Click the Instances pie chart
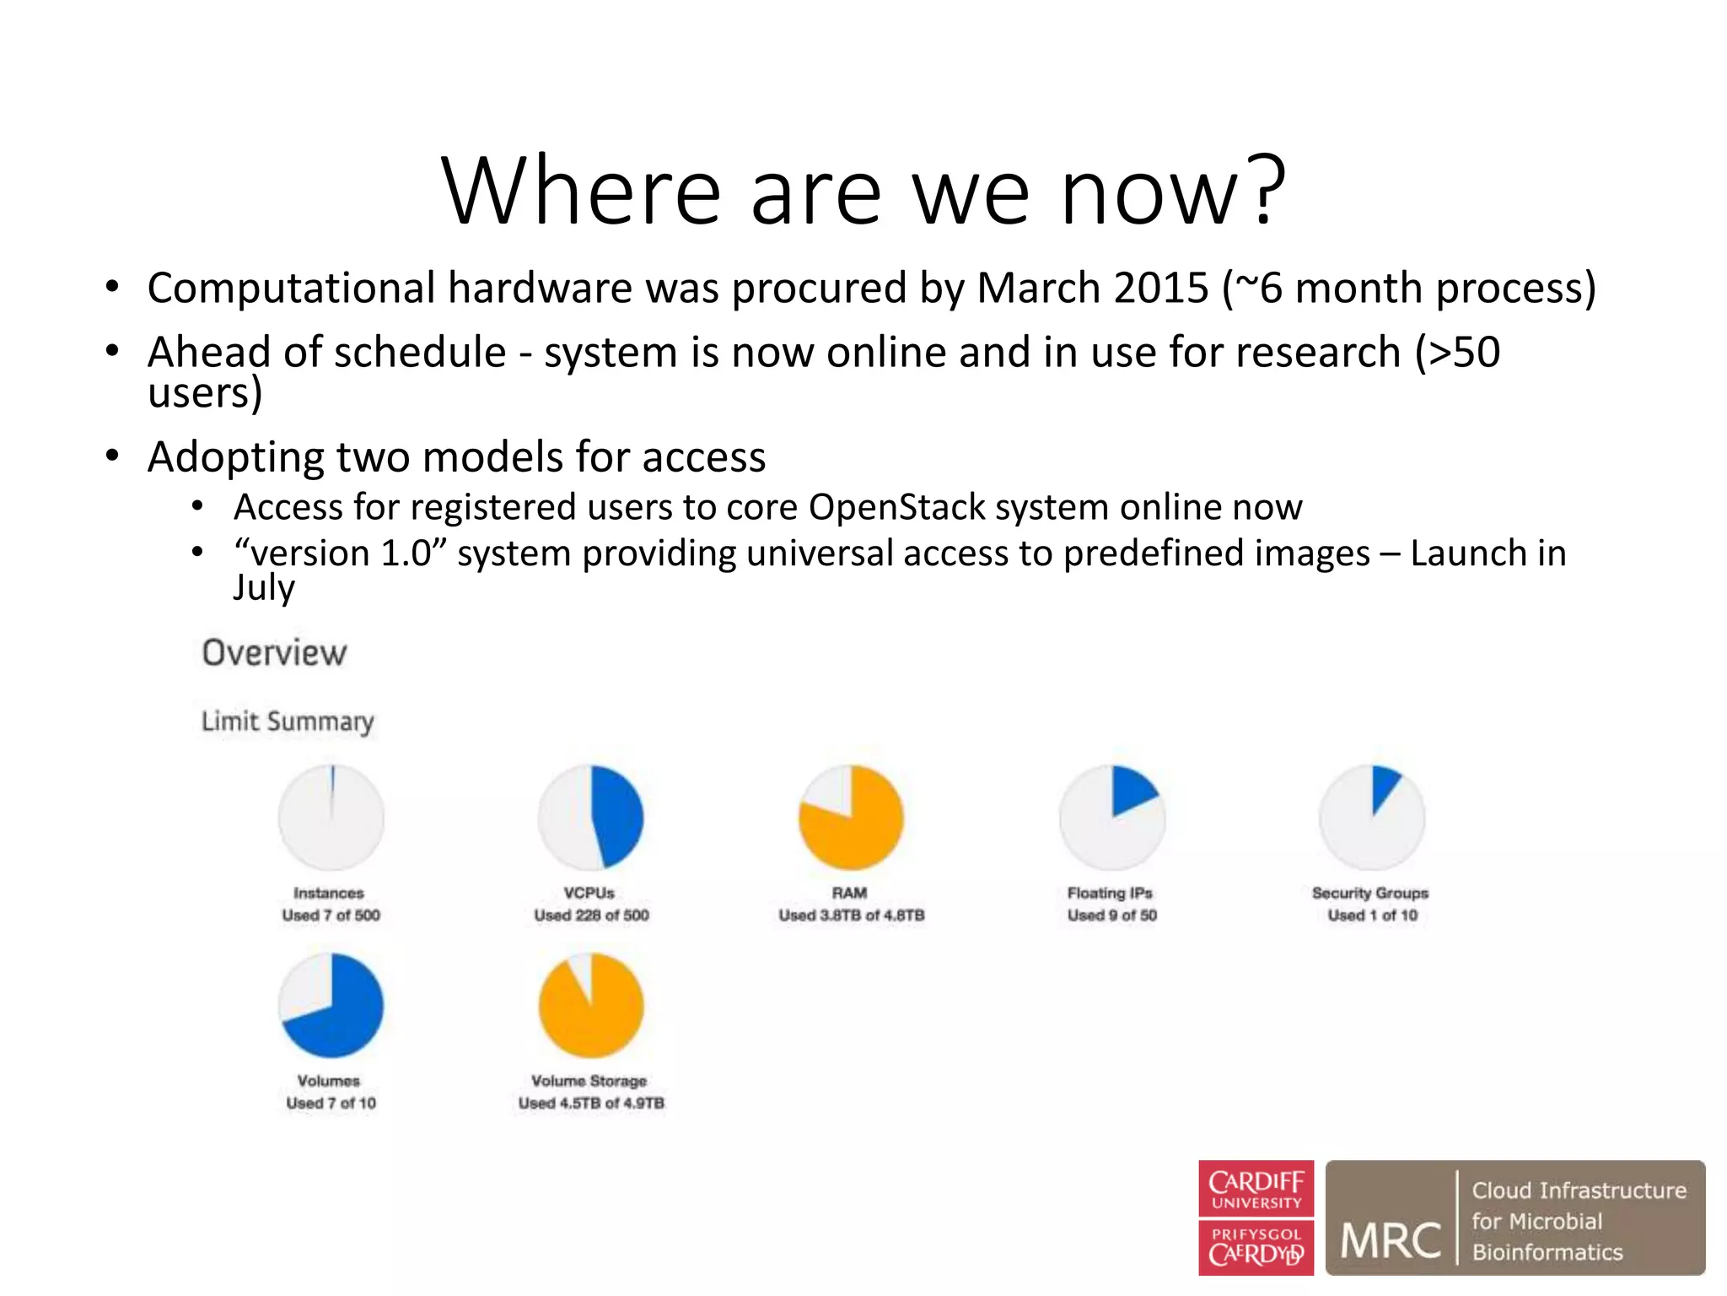coord(331,817)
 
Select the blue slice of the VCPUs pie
coord(618,814)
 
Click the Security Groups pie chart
coord(1372,817)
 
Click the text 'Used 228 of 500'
coord(591,915)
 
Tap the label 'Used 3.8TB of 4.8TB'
coord(851,915)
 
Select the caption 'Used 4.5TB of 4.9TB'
coord(591,1103)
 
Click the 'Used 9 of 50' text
coord(1111,915)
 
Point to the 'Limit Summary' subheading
coord(288,721)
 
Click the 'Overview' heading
coord(274,652)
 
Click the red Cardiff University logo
coord(1256,1217)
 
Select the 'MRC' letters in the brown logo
coord(1391,1240)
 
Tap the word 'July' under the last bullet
coord(264,586)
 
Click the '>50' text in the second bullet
coord(1458,352)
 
